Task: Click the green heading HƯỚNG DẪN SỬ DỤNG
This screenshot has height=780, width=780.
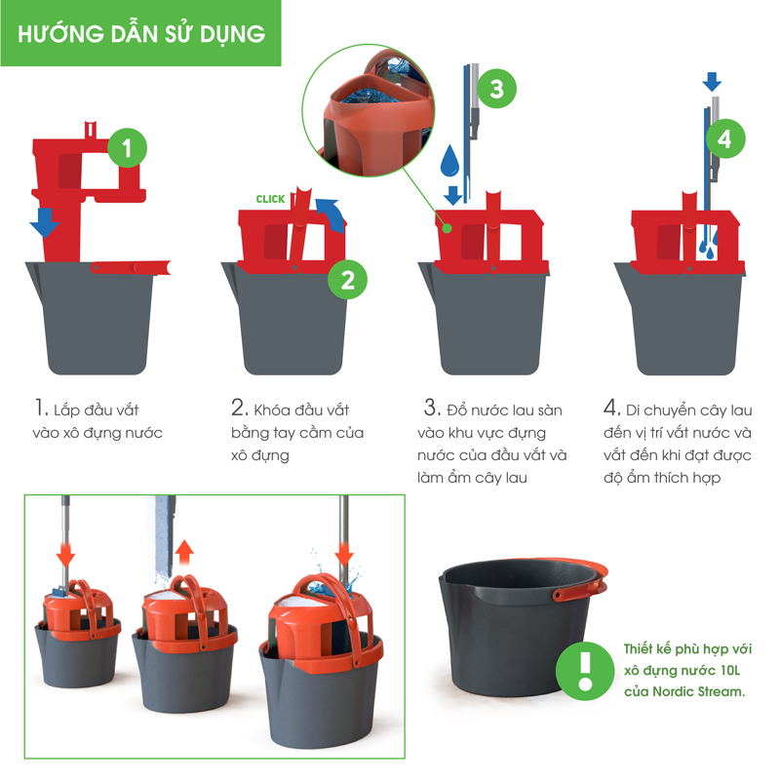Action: pyautogui.click(x=141, y=34)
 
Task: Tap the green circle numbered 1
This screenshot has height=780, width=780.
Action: pyautogui.click(x=128, y=148)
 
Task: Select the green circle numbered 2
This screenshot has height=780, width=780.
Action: pyautogui.click(x=347, y=280)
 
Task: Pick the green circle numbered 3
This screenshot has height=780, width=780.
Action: pyautogui.click(x=496, y=89)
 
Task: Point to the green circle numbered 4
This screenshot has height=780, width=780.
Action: pyautogui.click(x=724, y=138)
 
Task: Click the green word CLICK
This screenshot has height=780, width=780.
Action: pyautogui.click(x=270, y=199)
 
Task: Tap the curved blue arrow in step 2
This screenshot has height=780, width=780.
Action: pyautogui.click(x=331, y=214)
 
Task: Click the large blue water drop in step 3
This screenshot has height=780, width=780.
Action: pyautogui.click(x=449, y=161)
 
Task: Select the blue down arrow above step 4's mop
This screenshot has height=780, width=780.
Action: pyautogui.click(x=712, y=82)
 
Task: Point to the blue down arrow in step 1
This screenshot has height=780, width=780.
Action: pyautogui.click(x=45, y=222)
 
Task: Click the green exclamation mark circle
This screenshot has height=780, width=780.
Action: pyautogui.click(x=585, y=671)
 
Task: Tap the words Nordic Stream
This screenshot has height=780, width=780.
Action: pyautogui.click(x=698, y=691)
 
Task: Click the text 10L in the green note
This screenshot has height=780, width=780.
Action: pyautogui.click(x=729, y=671)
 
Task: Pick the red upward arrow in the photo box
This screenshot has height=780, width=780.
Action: pyautogui.click(x=184, y=552)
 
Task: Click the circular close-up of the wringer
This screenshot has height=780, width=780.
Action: pyautogui.click(x=369, y=110)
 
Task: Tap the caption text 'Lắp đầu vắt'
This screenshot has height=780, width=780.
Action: pyautogui.click(x=96, y=410)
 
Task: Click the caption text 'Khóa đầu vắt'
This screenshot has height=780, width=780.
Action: pyautogui.click(x=301, y=409)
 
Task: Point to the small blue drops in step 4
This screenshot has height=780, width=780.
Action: pyautogui.click(x=709, y=244)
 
